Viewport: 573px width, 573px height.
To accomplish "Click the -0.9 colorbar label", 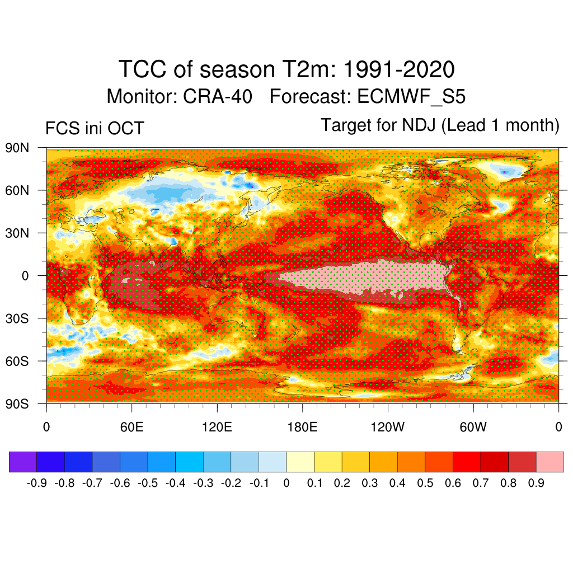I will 36,483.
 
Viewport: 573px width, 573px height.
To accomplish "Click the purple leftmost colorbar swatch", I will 23,462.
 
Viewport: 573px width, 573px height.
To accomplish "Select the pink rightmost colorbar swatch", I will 550,462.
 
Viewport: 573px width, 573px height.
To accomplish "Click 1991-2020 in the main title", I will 398,70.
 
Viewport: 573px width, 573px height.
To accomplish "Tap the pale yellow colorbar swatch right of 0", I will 300,462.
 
